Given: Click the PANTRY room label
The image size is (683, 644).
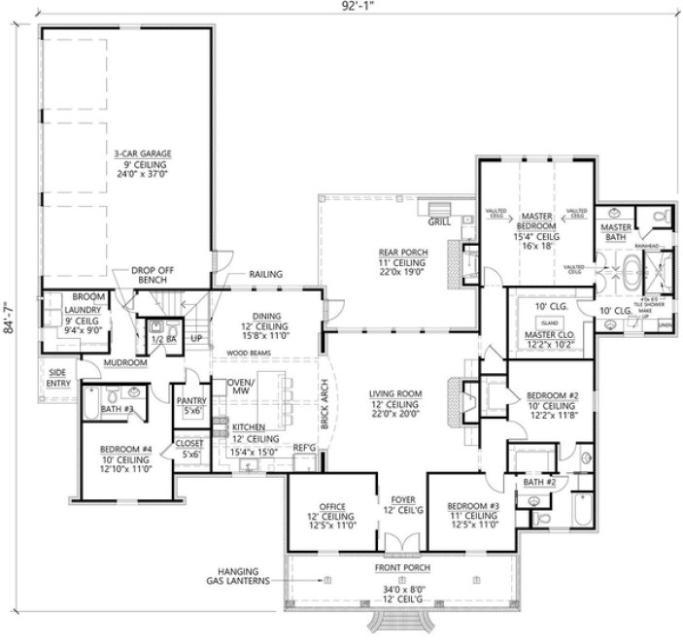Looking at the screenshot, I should tap(191, 400).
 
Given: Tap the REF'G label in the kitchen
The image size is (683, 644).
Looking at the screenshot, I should tap(305, 447).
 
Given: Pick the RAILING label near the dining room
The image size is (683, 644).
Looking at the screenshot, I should tap(265, 274).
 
